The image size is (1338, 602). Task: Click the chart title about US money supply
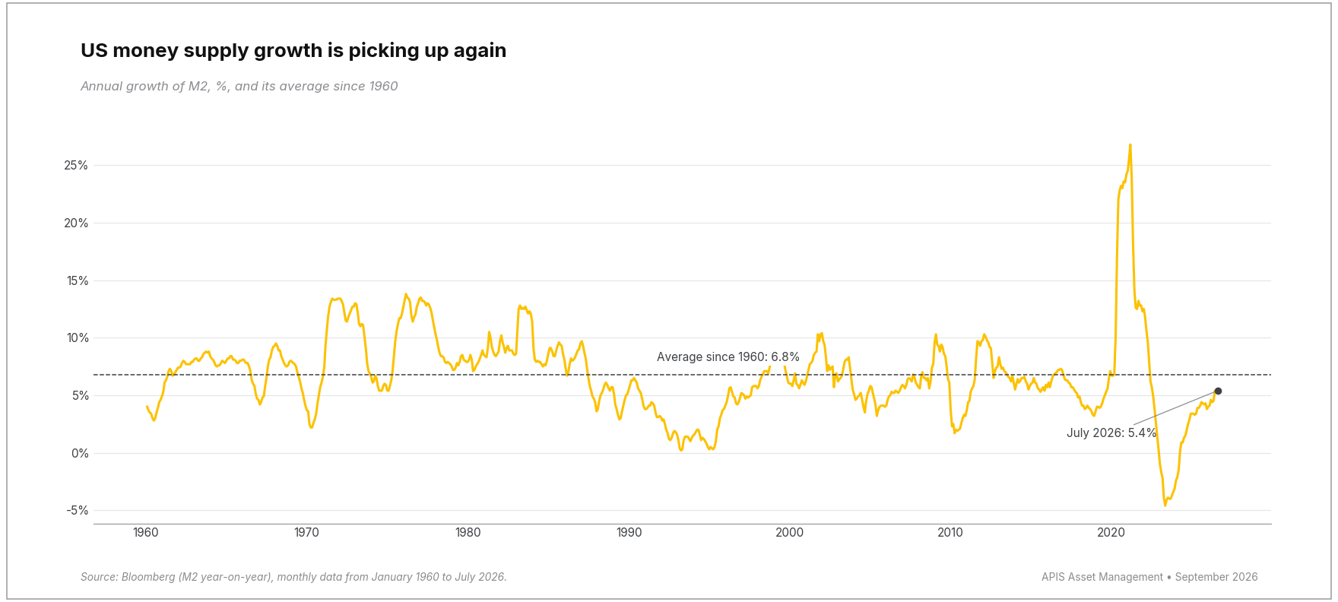pyautogui.click(x=293, y=51)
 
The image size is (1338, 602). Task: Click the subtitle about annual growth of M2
pyautogui.click(x=239, y=87)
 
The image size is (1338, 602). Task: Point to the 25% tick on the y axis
pyautogui.click(x=76, y=166)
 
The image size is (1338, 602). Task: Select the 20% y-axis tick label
pyautogui.click(x=76, y=223)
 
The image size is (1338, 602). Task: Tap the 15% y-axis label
pyautogui.click(x=77, y=281)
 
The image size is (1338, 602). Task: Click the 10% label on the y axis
pyautogui.click(x=77, y=338)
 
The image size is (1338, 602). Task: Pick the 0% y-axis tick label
pyautogui.click(x=80, y=454)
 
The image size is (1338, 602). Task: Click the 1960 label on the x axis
pyautogui.click(x=146, y=533)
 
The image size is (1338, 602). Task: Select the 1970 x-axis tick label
pyautogui.click(x=307, y=533)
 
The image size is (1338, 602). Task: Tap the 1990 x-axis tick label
pyautogui.click(x=629, y=533)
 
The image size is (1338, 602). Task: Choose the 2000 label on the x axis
pyautogui.click(x=790, y=533)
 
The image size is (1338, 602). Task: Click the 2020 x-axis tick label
pyautogui.click(x=1111, y=533)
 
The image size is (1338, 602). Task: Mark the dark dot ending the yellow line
pyautogui.click(x=1218, y=391)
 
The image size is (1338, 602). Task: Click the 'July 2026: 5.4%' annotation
pyautogui.click(x=1111, y=433)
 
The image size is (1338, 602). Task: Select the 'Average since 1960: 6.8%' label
pyautogui.click(x=728, y=357)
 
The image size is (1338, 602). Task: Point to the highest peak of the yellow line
pyautogui.click(x=1130, y=144)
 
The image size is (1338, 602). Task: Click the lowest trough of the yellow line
pyautogui.click(x=1165, y=505)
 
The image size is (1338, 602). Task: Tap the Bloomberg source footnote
pyautogui.click(x=293, y=578)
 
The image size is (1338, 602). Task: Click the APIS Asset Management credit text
pyautogui.click(x=1149, y=578)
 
